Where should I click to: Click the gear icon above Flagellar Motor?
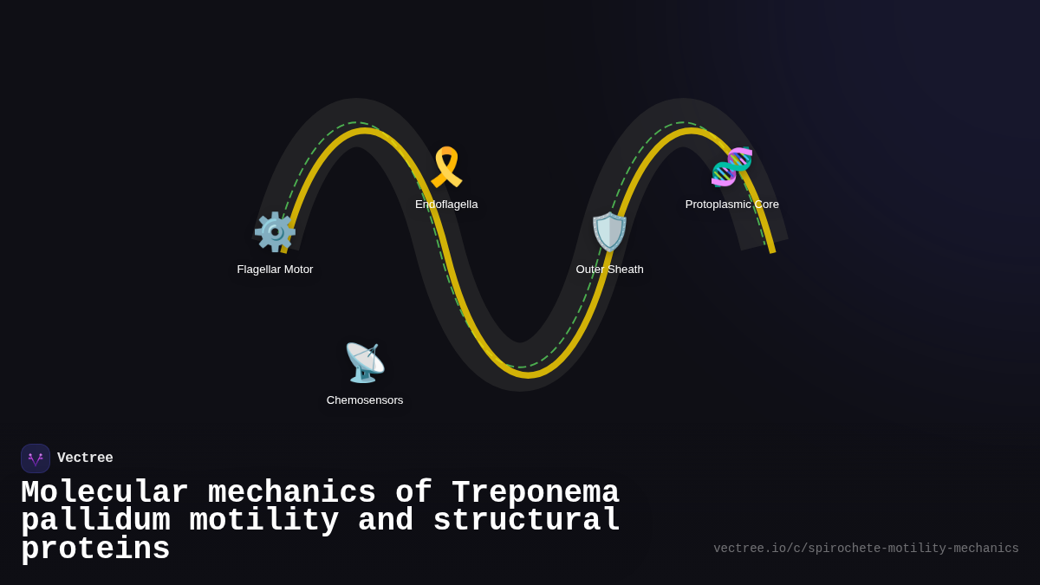tap(275, 232)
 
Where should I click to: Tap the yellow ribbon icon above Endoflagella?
tap(446, 167)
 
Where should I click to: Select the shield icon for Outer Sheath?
tap(609, 232)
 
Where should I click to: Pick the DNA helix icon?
tap(731, 167)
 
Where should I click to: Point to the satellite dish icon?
tap(365, 362)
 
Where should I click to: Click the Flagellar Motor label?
tap(275, 270)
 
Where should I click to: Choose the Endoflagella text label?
tap(446, 205)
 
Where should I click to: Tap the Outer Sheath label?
tap(609, 270)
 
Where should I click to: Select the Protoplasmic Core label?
tap(731, 205)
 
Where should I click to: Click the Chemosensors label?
tap(365, 400)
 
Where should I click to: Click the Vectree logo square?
tap(36, 458)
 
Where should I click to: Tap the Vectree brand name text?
tap(85, 458)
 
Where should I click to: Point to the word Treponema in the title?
tap(536, 493)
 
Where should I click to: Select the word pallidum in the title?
tap(95, 521)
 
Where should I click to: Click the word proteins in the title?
tap(95, 549)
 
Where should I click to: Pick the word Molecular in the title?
tap(105, 493)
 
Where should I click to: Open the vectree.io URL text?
tap(866, 549)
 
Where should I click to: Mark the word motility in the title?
tap(263, 521)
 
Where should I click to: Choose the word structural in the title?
tap(526, 521)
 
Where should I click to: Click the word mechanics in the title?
tap(292, 493)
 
